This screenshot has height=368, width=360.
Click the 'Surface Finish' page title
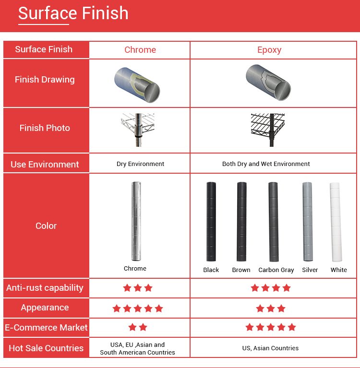coord(73,13)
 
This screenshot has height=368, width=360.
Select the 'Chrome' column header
coord(140,50)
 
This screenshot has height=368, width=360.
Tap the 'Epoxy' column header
coord(269,50)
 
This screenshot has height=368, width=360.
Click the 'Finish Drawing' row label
coord(45,80)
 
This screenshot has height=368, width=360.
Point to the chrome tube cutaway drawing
coord(137,85)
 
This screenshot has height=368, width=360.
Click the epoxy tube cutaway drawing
coord(268,83)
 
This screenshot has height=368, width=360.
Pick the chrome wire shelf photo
coord(138,130)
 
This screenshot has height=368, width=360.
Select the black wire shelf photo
coord(268,130)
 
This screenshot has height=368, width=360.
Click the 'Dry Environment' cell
coord(141,164)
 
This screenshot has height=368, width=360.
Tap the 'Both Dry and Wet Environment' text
coord(266,164)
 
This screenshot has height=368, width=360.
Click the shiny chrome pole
coord(136,221)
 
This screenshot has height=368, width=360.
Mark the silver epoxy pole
coord(308,222)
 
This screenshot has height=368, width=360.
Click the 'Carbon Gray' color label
coord(276,270)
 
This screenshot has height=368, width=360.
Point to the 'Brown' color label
coord(241,270)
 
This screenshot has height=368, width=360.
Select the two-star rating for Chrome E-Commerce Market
coord(138,327)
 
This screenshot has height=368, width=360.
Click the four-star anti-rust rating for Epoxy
coord(271,288)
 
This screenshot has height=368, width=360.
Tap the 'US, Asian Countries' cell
coord(270,348)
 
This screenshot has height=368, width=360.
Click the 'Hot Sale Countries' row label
coord(46,348)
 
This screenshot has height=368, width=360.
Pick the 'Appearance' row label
coord(45,308)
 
